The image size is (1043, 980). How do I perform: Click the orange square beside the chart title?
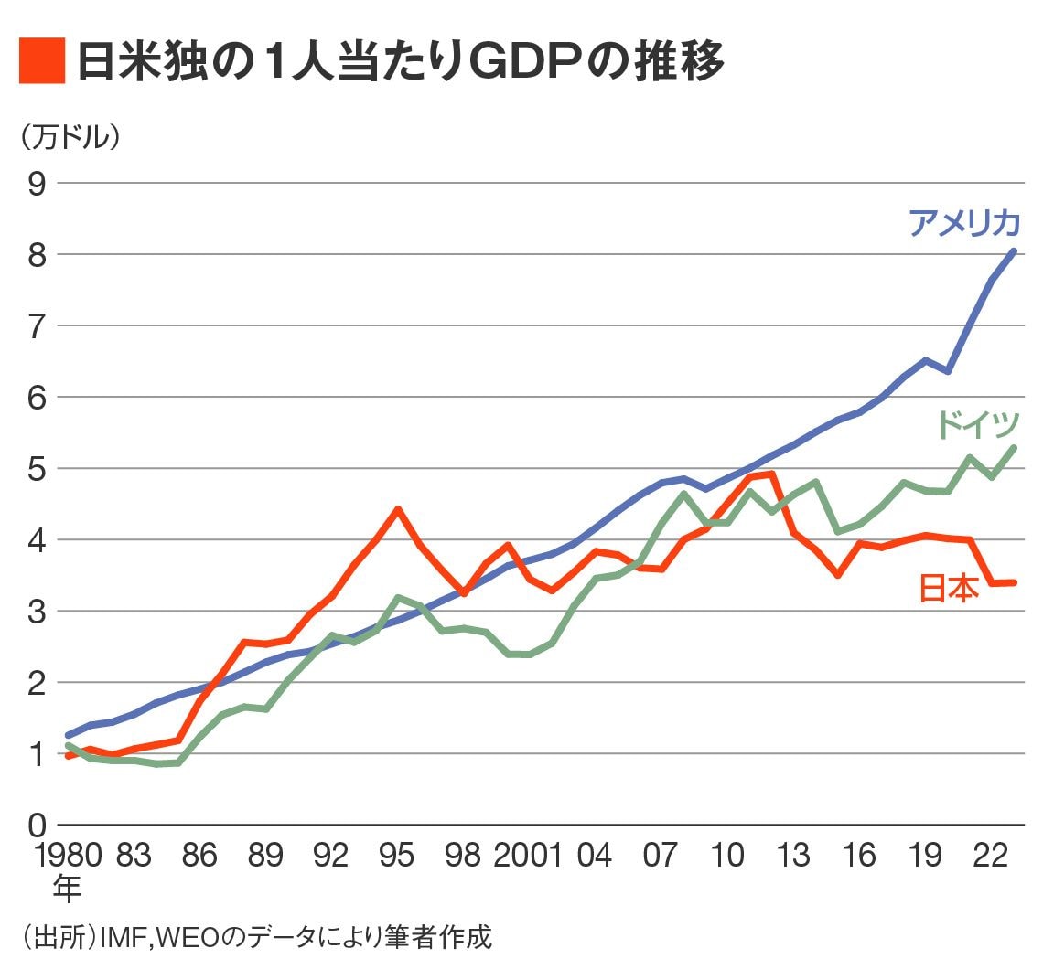tap(42, 61)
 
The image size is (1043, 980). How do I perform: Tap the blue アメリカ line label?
tap(963, 223)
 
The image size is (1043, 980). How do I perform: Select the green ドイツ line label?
tap(977, 424)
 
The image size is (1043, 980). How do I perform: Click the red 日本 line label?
tap(948, 589)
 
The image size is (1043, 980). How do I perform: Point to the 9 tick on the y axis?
tap(37, 184)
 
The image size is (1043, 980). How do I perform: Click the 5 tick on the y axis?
tap(37, 469)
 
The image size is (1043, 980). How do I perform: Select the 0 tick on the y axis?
tap(37, 826)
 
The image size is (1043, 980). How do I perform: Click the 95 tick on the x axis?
tap(396, 856)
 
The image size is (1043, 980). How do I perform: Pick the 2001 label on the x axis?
tap(528, 856)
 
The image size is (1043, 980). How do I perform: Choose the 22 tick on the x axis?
tap(991, 856)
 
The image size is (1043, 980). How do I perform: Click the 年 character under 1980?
tap(67, 889)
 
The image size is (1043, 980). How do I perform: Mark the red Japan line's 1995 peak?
tap(397, 509)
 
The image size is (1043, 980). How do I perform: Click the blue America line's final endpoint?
tap(1013, 250)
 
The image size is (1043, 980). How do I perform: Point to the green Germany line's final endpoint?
tap(1013, 448)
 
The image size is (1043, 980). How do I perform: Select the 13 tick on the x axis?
tap(792, 856)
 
